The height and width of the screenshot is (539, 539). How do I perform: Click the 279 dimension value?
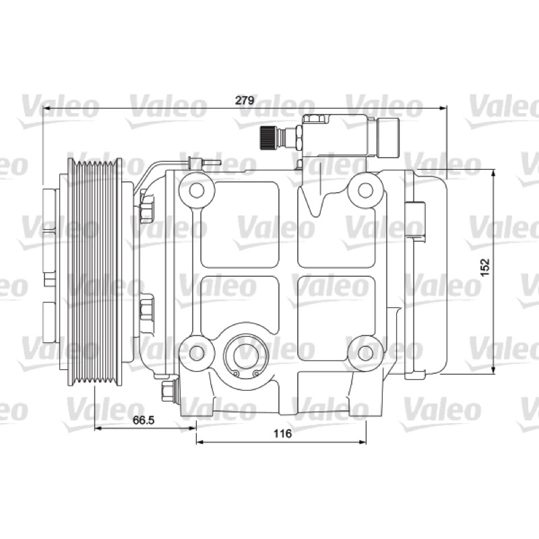pyautogui.click(x=244, y=100)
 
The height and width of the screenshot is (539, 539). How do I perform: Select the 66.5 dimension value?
pyautogui.click(x=144, y=420)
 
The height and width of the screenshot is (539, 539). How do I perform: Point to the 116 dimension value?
pyautogui.click(x=282, y=433)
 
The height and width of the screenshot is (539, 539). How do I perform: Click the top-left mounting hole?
pyautogui.click(x=197, y=191)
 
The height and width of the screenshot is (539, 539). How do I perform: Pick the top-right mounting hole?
pyautogui.click(x=365, y=191)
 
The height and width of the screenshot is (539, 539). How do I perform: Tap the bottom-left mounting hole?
pyautogui.click(x=197, y=352)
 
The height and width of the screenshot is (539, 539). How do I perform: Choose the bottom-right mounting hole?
pyautogui.click(x=365, y=352)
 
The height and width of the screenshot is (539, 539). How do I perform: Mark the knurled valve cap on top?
pyautogui.click(x=265, y=137)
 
